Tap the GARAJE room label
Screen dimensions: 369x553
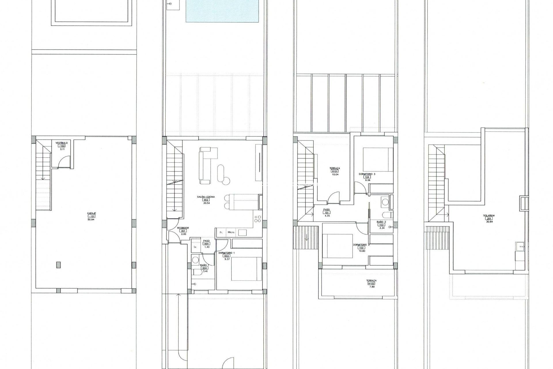tap(91, 213)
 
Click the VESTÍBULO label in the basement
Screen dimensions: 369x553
tap(62, 143)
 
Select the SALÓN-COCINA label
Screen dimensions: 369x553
tap(206, 197)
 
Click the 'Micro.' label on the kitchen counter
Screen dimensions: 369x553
tap(231, 232)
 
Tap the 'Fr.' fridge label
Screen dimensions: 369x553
tap(221, 232)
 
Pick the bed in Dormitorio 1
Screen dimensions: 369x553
tap(247, 269)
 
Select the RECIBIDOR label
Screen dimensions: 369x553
tap(183, 228)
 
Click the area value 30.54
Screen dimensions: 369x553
tap(206, 203)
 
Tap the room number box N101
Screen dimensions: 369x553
tap(335, 171)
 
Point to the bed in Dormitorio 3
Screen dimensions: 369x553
tap(378, 160)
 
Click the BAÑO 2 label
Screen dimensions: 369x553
tap(381, 222)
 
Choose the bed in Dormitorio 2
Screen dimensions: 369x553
tap(338, 246)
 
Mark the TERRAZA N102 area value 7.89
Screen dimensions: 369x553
tap(371, 287)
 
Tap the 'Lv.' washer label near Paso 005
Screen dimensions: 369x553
tap(195, 247)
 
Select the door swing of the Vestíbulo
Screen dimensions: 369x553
tap(64, 162)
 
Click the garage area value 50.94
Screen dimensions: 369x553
tap(91, 219)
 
